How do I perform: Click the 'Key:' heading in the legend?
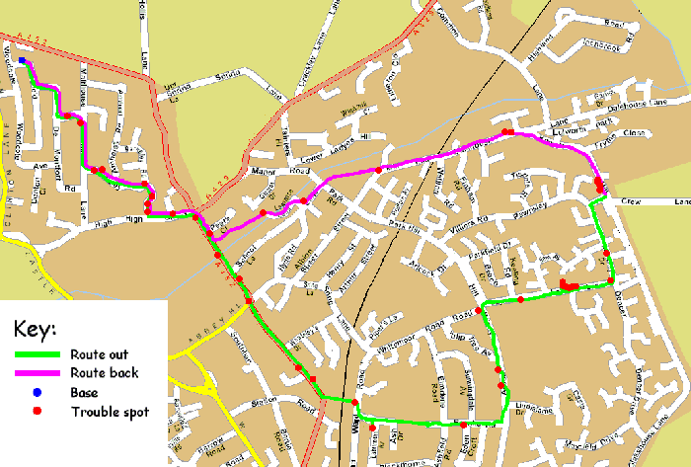[36, 327]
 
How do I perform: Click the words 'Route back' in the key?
[104, 373]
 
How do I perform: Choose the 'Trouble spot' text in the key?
[110, 411]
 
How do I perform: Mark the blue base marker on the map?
[22, 61]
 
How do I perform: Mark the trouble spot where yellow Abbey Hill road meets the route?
[249, 301]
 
